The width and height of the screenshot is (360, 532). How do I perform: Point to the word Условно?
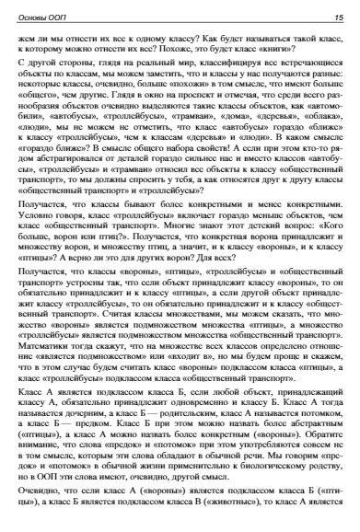(46, 226)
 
